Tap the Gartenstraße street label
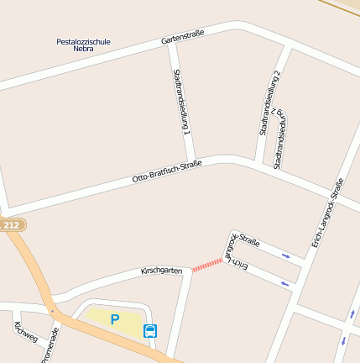(x=182, y=37)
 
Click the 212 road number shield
(x=11, y=225)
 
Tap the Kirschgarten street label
(x=161, y=271)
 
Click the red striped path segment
(x=207, y=266)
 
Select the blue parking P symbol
(x=115, y=319)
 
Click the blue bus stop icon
(x=150, y=330)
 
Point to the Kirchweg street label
(x=26, y=334)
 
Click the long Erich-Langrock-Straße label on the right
(x=327, y=213)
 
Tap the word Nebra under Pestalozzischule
(x=83, y=49)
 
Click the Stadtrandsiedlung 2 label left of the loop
(x=269, y=103)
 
